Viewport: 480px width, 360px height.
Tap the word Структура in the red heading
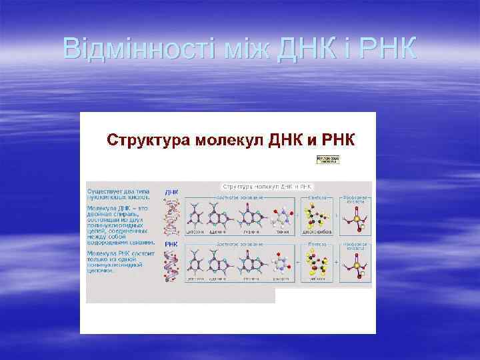pyautogui.click(x=149, y=140)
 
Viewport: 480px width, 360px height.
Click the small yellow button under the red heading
pyautogui.click(x=327, y=160)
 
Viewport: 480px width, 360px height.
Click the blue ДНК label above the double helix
pyautogui.click(x=171, y=191)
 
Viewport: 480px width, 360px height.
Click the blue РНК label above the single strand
pyautogui.click(x=171, y=244)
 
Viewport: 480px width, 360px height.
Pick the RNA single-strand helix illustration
pyautogui.click(x=172, y=269)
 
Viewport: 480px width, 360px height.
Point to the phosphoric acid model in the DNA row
pyautogui.click(x=355, y=218)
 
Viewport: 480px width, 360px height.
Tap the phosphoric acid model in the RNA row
pyautogui.click(x=355, y=265)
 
